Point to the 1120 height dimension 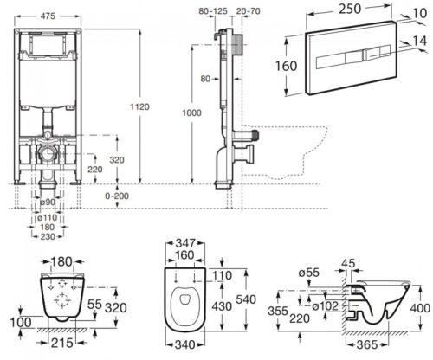pos(152,100)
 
